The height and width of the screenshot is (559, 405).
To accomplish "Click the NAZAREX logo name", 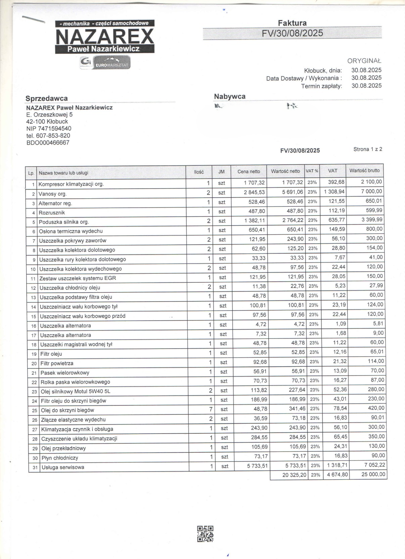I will click(104, 37).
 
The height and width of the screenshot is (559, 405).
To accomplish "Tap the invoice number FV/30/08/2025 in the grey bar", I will click(292, 33).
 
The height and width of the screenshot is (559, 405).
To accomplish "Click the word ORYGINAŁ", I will click(364, 61).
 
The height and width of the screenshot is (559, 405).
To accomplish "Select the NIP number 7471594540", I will click(49, 128).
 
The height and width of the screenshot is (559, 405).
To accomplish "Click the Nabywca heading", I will click(230, 96).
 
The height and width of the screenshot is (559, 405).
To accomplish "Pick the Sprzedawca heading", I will click(47, 98).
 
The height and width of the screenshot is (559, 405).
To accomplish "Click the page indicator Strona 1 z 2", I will click(367, 149).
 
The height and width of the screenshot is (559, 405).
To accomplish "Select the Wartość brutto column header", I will click(364, 170).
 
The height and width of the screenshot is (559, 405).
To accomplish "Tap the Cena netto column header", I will click(249, 171).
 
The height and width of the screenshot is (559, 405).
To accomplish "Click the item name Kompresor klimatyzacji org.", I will click(71, 184).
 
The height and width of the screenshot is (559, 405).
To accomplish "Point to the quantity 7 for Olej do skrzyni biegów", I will click(211, 409).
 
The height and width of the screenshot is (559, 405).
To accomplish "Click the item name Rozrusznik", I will click(52, 213).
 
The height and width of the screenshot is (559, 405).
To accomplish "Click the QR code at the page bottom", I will click(205, 534).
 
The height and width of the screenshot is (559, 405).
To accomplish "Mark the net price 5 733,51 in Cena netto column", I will click(258, 466).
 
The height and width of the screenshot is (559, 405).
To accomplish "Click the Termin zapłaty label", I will click(321, 86).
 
